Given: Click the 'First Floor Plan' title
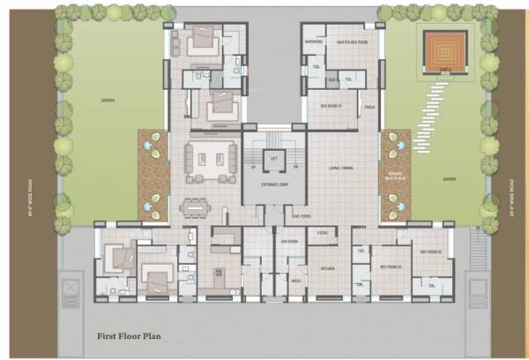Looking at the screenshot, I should [x=133, y=336].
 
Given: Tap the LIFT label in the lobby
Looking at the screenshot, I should [x=274, y=157].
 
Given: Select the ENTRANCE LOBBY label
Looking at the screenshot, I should [x=274, y=184].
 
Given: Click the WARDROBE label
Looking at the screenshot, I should [x=314, y=41].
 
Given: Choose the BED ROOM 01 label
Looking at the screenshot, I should [x=332, y=105].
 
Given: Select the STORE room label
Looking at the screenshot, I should [x=322, y=232].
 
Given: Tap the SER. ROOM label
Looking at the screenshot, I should [x=287, y=241].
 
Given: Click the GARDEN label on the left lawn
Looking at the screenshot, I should [x=108, y=101].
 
